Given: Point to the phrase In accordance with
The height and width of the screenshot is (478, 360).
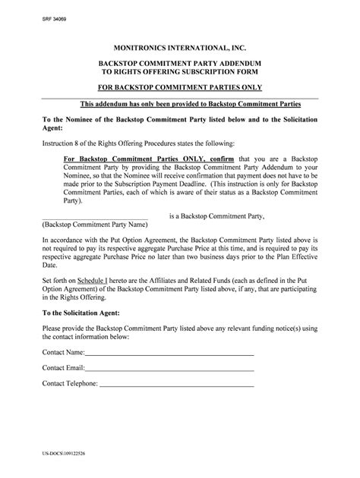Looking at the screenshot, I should click(65, 238).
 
